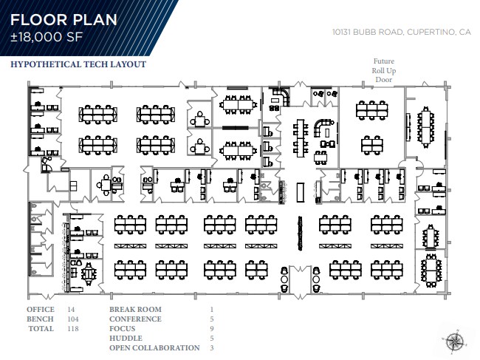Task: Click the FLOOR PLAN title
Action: [x=63, y=18]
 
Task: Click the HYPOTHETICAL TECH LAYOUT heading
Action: [x=78, y=64]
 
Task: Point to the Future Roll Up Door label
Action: [x=383, y=70]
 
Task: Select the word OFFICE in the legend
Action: [x=41, y=309]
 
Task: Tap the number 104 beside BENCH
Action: [x=73, y=319]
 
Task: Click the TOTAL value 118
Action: [x=72, y=328]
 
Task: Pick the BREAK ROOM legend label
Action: [x=135, y=309]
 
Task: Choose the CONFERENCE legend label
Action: [x=136, y=319]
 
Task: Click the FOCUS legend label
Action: [x=123, y=328]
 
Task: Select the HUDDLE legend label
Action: [x=126, y=338]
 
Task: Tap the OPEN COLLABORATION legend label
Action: [x=154, y=347]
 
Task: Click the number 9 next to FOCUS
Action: [x=211, y=328]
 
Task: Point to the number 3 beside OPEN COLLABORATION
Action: [x=211, y=347]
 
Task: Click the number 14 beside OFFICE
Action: [x=72, y=309]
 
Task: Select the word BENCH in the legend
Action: [x=41, y=319]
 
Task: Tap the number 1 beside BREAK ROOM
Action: [x=211, y=309]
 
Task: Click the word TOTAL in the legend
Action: [x=41, y=328]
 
